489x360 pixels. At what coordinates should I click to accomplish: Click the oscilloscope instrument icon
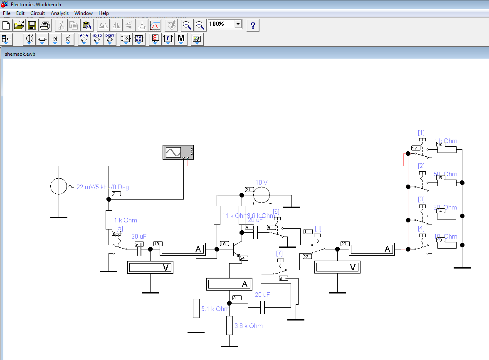(178, 153)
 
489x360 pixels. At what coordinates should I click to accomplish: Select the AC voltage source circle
(59, 186)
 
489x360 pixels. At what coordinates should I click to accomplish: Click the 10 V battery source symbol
(262, 195)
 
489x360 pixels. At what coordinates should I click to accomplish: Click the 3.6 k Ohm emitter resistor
(229, 325)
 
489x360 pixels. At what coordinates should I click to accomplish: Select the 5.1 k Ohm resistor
(196, 308)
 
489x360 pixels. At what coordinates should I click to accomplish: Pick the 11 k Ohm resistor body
(217, 215)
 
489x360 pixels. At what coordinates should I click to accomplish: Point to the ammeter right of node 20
(371, 249)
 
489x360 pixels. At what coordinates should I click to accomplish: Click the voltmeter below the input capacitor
(150, 268)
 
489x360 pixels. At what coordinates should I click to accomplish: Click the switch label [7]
(279, 253)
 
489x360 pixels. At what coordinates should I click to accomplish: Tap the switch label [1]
(421, 133)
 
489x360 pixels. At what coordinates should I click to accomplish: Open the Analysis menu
(59, 13)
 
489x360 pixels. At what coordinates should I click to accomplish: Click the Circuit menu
(37, 13)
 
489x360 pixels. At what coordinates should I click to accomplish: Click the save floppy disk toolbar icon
(32, 25)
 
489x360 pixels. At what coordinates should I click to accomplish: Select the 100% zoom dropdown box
(225, 24)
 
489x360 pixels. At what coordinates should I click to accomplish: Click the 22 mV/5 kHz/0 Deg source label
(103, 187)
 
